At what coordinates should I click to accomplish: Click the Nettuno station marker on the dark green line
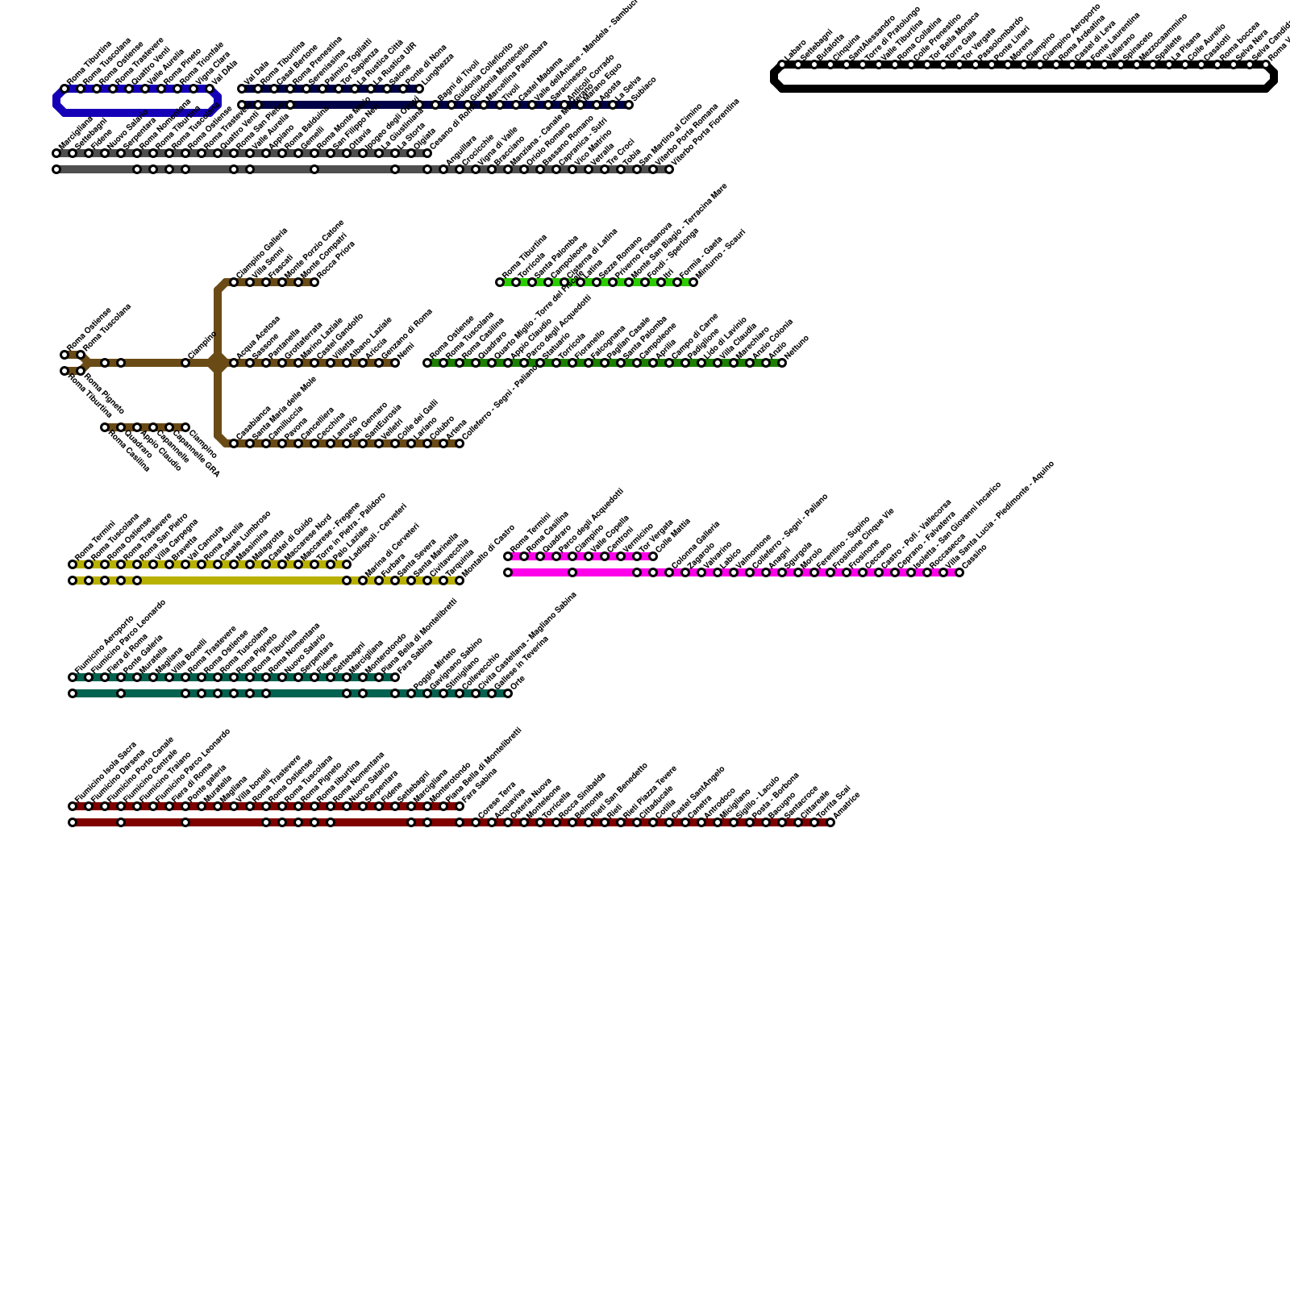point(782,363)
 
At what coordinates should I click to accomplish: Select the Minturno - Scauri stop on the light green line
point(693,282)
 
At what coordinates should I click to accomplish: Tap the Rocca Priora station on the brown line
point(314,282)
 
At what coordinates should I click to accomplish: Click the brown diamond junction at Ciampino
point(218,363)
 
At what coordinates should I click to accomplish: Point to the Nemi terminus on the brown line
point(395,363)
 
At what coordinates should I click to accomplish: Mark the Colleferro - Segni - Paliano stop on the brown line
point(460,443)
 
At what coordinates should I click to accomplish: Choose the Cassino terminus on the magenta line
point(959,572)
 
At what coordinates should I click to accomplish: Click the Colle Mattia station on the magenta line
point(653,556)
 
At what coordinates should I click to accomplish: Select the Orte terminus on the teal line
point(508,693)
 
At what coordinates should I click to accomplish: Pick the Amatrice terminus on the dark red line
point(830,822)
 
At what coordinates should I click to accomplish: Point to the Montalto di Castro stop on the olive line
point(460,580)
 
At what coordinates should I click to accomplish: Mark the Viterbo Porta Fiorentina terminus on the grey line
point(669,169)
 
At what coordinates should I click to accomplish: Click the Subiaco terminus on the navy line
point(629,105)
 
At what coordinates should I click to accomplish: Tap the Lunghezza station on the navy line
point(419,89)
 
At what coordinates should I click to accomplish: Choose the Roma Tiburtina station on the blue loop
point(64,89)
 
